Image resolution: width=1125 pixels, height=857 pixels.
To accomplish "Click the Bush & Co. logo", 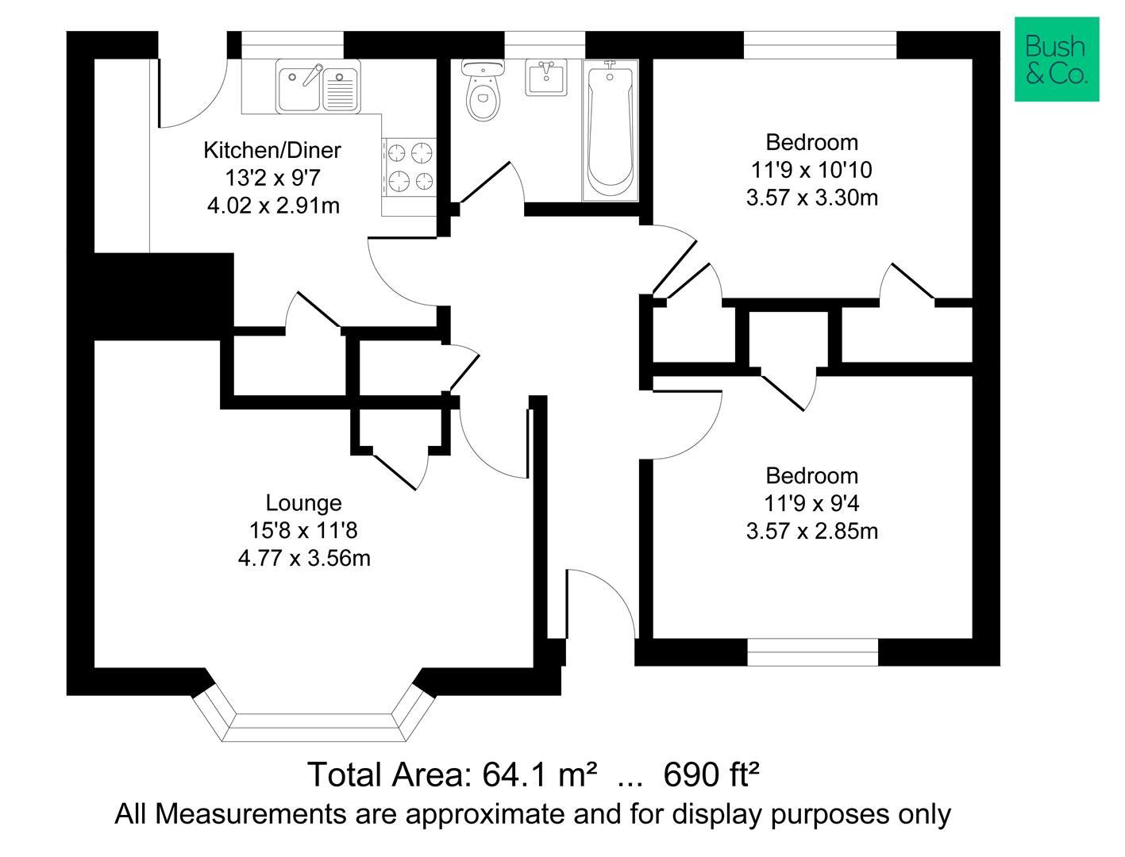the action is tap(1056, 59).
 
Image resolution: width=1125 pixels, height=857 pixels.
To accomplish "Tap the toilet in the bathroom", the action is tap(483, 90).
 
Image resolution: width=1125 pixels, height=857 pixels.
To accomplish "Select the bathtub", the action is tap(610, 130).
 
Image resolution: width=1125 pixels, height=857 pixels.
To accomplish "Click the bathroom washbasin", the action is tap(546, 77).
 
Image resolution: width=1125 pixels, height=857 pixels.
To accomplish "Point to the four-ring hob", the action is tap(410, 167).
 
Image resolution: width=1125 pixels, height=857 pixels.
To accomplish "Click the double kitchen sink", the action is tap(318, 86).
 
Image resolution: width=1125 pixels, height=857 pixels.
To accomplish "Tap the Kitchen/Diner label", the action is tap(272, 150).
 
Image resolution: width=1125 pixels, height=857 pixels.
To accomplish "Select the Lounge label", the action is tap(303, 502).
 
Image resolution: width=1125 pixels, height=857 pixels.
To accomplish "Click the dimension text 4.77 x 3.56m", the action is tap(304, 558).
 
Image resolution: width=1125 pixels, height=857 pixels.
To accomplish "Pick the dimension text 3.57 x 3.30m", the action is tap(812, 198).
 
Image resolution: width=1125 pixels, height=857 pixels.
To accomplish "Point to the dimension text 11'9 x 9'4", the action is tap(812, 504).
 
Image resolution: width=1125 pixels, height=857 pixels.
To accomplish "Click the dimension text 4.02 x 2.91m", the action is tap(273, 206).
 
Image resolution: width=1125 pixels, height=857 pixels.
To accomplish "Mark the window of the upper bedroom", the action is tap(820, 45).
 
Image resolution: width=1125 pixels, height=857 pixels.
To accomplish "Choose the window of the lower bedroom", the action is tap(812, 652).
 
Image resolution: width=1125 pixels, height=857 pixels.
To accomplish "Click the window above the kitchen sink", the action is tap(292, 45).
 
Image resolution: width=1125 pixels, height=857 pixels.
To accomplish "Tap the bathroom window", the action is tap(545, 45).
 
